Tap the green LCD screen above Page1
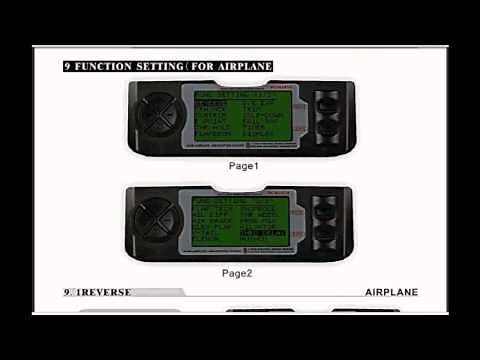[x=239, y=116]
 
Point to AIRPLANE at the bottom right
[x=391, y=292]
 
